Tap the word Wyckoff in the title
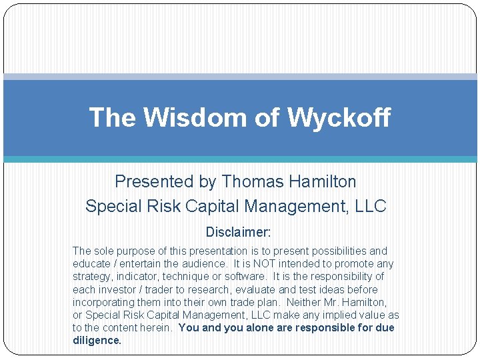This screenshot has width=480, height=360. click(339, 118)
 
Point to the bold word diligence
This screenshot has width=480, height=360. click(97, 341)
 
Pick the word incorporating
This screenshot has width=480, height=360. click(104, 303)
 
